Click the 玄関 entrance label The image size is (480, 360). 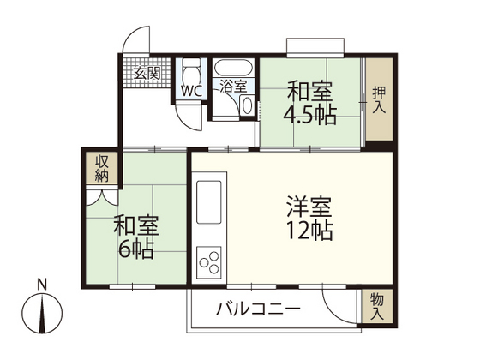(147, 73)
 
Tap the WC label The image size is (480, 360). (189, 89)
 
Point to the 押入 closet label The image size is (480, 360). (378, 100)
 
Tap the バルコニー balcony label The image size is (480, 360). (257, 309)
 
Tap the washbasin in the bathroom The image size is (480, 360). (248, 105)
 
